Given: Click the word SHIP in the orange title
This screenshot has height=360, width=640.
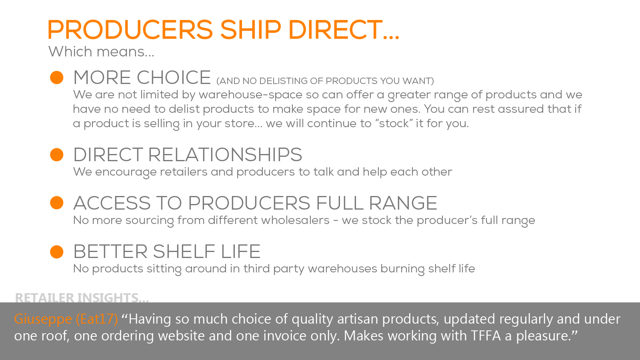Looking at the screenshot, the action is coord(250,30).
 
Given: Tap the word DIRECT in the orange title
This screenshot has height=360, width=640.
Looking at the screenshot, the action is coord(336,30).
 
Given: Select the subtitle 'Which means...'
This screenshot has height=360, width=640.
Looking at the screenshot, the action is coord(101,52).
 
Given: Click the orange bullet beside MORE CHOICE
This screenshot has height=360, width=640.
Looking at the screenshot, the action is coord(56,78).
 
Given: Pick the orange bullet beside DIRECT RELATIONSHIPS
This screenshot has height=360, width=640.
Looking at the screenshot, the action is coord(56,154).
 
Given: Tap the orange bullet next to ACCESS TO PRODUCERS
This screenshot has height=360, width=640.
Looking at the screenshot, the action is coord(56,203).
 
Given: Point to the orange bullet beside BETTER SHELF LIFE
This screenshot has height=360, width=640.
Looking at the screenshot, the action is coord(56,252).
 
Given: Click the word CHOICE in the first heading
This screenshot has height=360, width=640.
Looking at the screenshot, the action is coord(174,78).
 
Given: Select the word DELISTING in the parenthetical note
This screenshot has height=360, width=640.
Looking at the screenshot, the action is coord(283,81).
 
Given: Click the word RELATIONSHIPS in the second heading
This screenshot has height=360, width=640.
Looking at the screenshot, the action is coord(225,154).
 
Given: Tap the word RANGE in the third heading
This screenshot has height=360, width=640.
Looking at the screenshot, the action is coord(403,203).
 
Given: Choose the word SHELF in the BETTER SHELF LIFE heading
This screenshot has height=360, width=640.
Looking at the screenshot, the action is coord(184,252).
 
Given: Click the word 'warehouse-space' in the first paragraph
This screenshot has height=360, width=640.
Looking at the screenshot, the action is coord(250,95).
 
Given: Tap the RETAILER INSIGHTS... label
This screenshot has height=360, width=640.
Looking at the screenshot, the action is coord(82,298).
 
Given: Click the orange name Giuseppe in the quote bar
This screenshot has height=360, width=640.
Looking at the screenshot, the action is coord(43,320).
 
